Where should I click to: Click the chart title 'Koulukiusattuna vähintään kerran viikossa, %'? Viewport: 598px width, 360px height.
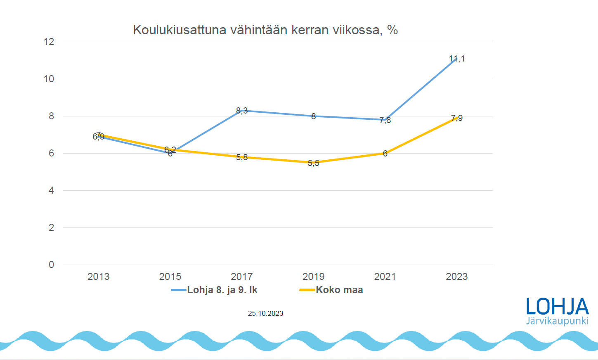click(x=265, y=30)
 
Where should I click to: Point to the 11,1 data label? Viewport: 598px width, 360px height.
click(x=457, y=59)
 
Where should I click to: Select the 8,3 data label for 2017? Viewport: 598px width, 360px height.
click(x=242, y=111)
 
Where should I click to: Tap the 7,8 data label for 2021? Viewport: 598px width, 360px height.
click(x=385, y=121)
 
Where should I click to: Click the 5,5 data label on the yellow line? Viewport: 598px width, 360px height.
click(x=314, y=163)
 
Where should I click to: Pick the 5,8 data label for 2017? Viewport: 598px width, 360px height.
click(x=242, y=157)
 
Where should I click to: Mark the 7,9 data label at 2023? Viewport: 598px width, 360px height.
click(x=457, y=118)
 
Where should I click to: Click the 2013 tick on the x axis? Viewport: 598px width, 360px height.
click(x=98, y=277)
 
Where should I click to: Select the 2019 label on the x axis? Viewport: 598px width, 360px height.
click(x=314, y=277)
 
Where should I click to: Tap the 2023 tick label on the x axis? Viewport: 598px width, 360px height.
click(x=456, y=277)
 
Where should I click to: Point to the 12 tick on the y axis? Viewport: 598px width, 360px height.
click(x=49, y=42)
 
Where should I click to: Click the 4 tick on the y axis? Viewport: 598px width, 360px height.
click(x=51, y=190)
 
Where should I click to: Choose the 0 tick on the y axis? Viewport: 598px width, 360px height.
click(x=51, y=265)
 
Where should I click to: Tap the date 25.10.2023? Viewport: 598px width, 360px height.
click(x=265, y=314)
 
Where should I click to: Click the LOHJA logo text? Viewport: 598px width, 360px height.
click(x=557, y=307)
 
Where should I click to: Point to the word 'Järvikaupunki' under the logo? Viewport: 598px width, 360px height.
click(x=557, y=321)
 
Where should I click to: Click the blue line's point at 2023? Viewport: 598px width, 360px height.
click(x=456, y=59)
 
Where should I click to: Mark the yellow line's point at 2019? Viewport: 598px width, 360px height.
click(x=314, y=162)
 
